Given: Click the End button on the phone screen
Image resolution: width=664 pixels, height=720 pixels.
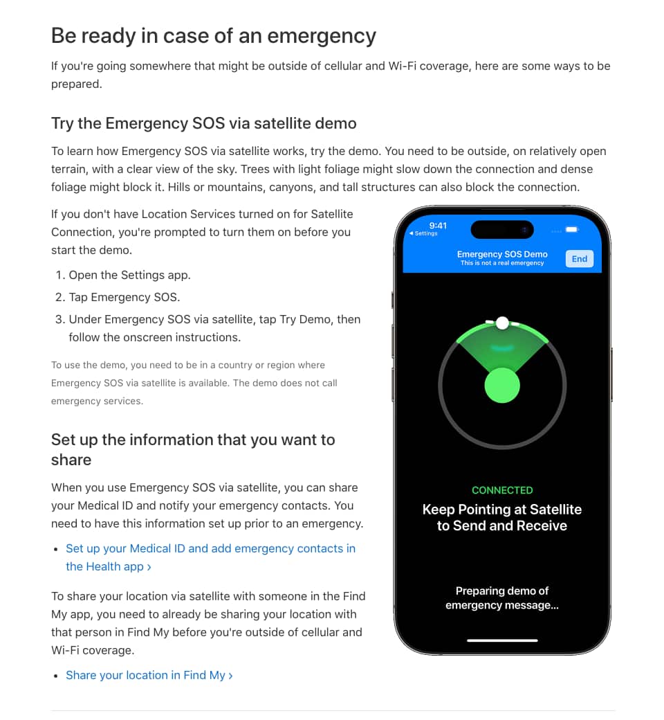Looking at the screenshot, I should (x=579, y=259).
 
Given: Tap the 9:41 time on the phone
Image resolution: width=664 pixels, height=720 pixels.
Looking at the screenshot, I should (x=438, y=226).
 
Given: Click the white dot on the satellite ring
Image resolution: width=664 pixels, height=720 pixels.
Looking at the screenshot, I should (x=503, y=323).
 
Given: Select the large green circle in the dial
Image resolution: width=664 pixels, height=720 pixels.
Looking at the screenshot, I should (x=502, y=385).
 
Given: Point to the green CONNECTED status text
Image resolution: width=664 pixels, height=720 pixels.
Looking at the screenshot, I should (x=502, y=490).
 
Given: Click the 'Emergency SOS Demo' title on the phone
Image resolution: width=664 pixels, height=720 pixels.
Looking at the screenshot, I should (x=502, y=254).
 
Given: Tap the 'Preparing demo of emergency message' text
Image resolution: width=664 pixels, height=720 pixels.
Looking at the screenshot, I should (x=502, y=598).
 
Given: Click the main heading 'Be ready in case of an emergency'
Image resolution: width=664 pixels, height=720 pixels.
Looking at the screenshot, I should (x=214, y=35).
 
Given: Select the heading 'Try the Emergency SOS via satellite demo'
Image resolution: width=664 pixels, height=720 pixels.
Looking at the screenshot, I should (x=204, y=123).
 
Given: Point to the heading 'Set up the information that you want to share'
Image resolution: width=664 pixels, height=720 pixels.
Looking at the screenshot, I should (x=193, y=449).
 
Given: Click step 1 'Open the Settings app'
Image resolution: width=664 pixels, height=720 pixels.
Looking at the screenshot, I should (x=129, y=275).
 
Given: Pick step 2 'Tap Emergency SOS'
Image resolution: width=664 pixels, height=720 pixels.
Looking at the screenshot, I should (x=124, y=297).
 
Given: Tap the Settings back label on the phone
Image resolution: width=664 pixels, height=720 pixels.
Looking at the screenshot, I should (x=424, y=234).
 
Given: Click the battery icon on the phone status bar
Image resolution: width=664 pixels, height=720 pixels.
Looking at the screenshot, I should (x=571, y=229).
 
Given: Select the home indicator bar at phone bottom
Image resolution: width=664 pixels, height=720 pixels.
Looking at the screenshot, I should (x=502, y=640).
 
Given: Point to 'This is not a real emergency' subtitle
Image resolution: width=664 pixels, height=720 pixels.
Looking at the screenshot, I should (x=502, y=263).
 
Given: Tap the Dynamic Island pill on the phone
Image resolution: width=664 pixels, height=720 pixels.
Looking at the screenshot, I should (x=502, y=229).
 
